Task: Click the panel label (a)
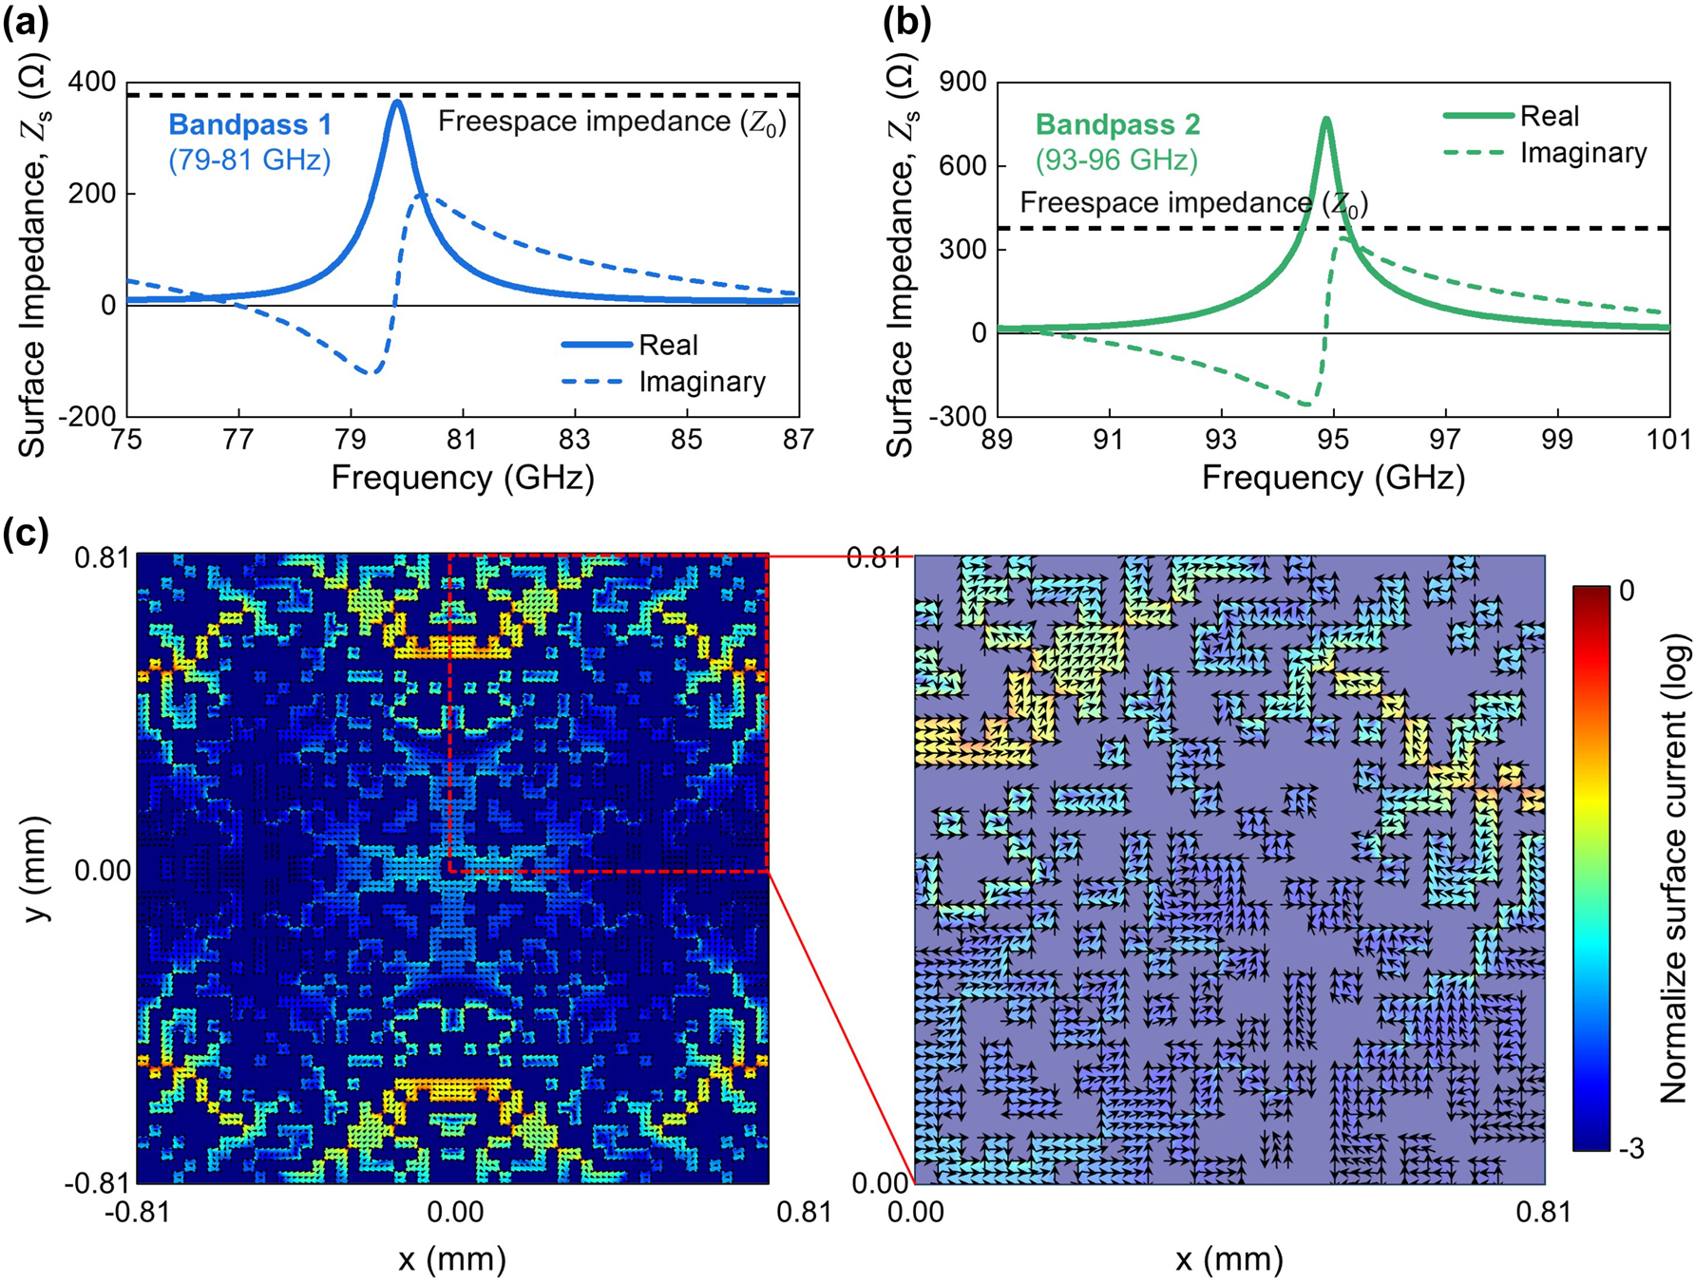pos(26,22)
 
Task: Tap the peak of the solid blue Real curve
pos(397,103)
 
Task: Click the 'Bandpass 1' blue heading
pos(250,124)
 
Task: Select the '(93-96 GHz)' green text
pos(1116,160)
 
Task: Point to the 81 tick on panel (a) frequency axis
pos(463,439)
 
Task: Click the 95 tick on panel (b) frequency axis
pos(1333,439)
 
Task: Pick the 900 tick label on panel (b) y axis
pos(962,82)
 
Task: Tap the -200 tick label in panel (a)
pos(87,416)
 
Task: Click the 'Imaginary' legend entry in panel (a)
pos(701,382)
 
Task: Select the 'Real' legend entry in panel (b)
pos(1549,116)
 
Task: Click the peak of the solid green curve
pos(1325,120)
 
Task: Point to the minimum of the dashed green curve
pos(1307,405)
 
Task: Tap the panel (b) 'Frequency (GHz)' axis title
pos(1333,477)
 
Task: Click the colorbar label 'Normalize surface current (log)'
pos(1675,869)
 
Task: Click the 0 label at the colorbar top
pos(1627,591)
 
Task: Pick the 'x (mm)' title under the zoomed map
pos(1228,1259)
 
